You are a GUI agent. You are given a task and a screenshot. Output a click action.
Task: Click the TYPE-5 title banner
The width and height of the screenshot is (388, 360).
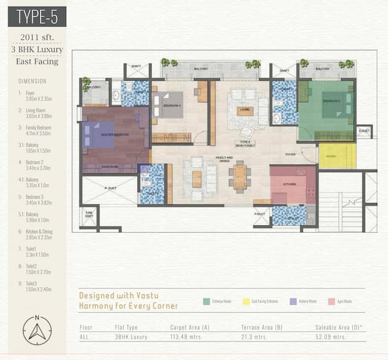(x=38, y=16)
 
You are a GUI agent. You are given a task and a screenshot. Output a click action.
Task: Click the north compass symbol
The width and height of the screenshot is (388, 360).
(x=37, y=330)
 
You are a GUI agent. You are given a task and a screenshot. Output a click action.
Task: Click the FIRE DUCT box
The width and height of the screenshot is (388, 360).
(x=89, y=215)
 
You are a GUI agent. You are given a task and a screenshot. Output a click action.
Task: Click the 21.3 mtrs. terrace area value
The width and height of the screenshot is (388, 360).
(x=254, y=336)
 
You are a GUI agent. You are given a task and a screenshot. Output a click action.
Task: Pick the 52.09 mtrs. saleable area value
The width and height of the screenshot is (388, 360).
(x=330, y=336)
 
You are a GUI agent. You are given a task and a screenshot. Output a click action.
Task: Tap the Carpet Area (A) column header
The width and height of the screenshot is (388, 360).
(x=190, y=327)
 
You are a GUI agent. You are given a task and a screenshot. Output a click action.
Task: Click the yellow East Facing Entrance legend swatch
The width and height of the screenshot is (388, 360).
(x=246, y=301)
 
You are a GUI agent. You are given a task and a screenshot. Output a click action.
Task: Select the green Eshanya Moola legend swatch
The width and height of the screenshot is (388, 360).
(x=206, y=301)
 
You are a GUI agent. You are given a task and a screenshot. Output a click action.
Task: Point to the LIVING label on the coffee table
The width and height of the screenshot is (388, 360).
(x=245, y=110)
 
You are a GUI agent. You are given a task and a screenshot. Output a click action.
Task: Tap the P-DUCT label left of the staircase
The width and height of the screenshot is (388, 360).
(x=260, y=214)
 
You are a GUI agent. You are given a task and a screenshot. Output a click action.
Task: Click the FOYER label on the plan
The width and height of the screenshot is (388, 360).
(x=290, y=155)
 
